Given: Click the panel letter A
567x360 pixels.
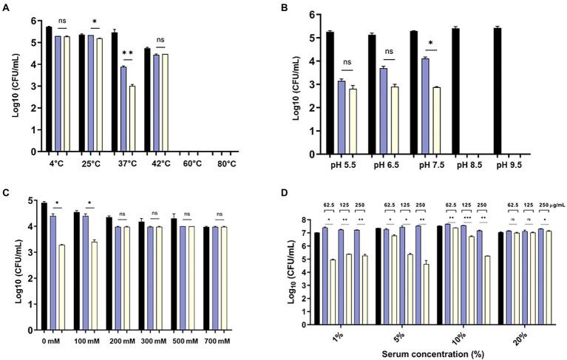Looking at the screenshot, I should click(x=7, y=10).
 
